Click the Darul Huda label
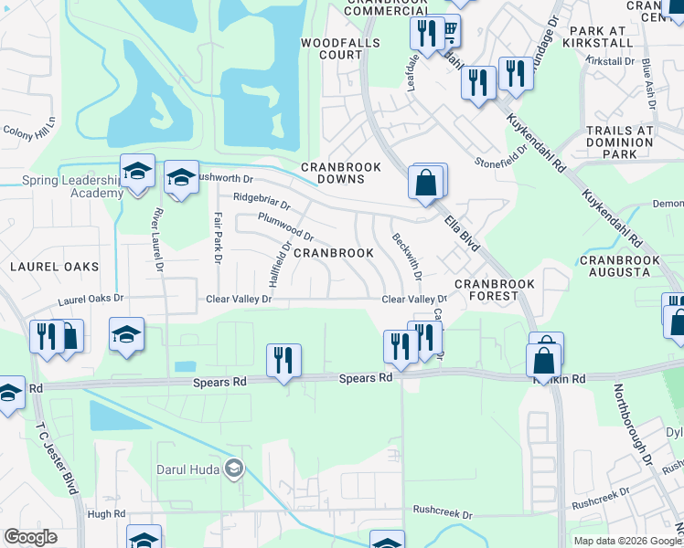pyautogui.click(x=190, y=469)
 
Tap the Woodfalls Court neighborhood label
pyautogui.click(x=332, y=48)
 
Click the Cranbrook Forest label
pyautogui.click(x=494, y=290)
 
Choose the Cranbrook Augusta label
pyautogui.click(x=619, y=266)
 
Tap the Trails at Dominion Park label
pyautogui.click(x=620, y=142)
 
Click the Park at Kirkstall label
pyautogui.click(x=600, y=37)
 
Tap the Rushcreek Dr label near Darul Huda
pyautogui.click(x=442, y=514)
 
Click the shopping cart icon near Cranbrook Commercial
pyautogui.click(x=449, y=33)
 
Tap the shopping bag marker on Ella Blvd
pyautogui.click(x=427, y=182)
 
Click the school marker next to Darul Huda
pyautogui.click(x=235, y=469)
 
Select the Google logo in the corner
pyautogui.click(x=31, y=537)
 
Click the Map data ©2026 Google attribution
pyautogui.click(x=626, y=541)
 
